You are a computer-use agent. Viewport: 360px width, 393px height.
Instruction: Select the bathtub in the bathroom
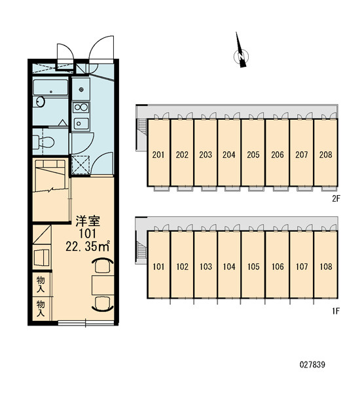point(50,87)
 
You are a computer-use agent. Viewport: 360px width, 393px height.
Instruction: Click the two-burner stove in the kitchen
point(81,107)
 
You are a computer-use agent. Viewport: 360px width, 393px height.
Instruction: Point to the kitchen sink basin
point(81,123)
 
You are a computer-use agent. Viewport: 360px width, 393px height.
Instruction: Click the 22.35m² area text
point(88,247)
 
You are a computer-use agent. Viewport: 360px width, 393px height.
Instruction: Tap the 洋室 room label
point(88,221)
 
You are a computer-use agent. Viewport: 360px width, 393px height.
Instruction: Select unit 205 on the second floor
point(253,155)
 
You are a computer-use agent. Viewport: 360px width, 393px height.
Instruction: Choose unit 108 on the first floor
point(326,267)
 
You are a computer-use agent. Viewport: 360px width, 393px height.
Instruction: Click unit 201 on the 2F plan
point(158,155)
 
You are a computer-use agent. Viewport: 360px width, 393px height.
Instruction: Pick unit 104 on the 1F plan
point(229,267)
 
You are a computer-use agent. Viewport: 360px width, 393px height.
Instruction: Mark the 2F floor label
point(336,198)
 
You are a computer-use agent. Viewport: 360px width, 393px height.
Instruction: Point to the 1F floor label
point(336,311)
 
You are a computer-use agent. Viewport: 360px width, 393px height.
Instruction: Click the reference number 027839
point(312,364)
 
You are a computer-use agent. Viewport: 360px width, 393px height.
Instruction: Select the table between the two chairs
point(103,285)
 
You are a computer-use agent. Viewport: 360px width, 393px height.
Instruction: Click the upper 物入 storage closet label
point(41,284)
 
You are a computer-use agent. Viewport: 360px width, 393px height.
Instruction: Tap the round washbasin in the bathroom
point(39,102)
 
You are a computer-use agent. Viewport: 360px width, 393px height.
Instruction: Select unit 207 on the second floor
point(301,155)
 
